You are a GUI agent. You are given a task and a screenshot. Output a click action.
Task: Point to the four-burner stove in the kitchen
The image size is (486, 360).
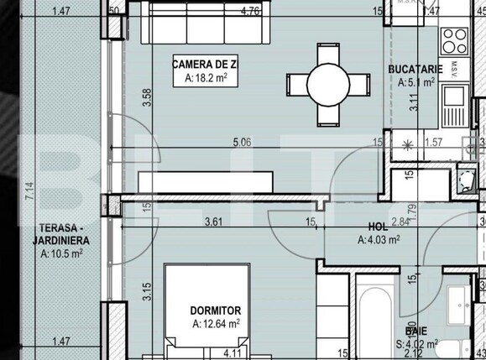tap(455, 38)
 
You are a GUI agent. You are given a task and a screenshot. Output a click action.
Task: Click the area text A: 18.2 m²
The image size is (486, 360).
tap(201, 79)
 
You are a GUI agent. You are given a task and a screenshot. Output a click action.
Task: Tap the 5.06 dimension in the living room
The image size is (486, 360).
tap(244, 143)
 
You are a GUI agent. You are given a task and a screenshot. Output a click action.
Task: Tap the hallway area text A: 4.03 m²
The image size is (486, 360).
tap(379, 240)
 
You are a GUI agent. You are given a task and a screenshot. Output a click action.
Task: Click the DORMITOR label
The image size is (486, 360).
tap(216, 310)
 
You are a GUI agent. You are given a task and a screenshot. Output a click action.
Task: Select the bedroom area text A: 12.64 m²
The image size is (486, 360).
tap(216, 323)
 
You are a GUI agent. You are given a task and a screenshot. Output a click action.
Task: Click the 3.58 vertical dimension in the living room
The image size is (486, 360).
tap(148, 98)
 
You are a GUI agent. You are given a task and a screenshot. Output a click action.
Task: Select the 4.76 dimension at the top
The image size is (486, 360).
tap(249, 12)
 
